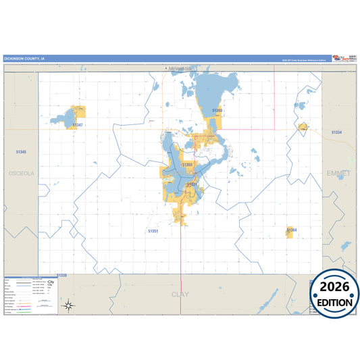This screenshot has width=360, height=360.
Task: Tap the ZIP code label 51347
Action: point(78,125)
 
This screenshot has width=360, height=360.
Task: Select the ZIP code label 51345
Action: point(21,153)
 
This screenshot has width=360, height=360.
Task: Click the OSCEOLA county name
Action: point(21,174)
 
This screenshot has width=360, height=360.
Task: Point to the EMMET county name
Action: point(338,174)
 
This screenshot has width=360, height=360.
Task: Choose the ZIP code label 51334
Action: point(336,132)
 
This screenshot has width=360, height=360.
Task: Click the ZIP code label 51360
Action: point(217,109)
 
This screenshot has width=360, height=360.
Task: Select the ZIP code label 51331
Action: point(191,184)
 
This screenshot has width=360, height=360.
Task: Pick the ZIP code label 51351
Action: point(153,231)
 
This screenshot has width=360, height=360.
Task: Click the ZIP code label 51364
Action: point(292,230)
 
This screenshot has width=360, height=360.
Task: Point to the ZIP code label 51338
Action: point(61,276)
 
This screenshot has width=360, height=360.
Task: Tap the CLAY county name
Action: point(180,294)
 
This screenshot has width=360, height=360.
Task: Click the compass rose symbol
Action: point(68,306)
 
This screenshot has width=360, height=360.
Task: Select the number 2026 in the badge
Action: point(335,288)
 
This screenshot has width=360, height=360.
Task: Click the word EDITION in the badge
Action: point(335,302)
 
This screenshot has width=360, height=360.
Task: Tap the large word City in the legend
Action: point(51,282)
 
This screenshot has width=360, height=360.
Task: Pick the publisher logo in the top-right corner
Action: point(338,58)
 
